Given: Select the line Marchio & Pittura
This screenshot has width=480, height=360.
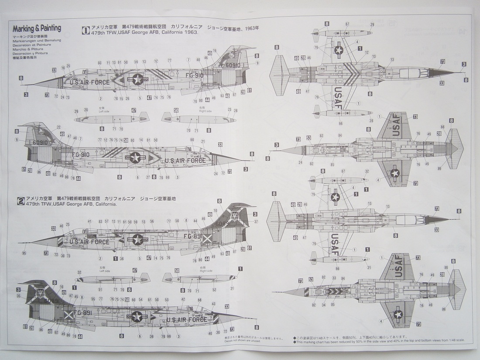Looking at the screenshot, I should pos(30,49).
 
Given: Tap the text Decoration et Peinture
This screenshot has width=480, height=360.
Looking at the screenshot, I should pos(32,45).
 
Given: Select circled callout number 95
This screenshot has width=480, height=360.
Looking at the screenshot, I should pos(24,253).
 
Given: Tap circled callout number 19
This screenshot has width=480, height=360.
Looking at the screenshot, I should pos(215,51).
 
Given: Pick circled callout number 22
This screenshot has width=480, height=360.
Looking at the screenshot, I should pos(58,127).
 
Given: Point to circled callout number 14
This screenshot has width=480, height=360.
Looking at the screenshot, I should pos(141,140).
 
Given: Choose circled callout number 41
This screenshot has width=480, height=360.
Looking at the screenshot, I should pos(89,221).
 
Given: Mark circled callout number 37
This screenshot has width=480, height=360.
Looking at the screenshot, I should pos(256,221).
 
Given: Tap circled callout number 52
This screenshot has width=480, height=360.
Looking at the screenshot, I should pos(214,289).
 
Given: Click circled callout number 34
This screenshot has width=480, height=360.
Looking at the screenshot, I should pos(323,305).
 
